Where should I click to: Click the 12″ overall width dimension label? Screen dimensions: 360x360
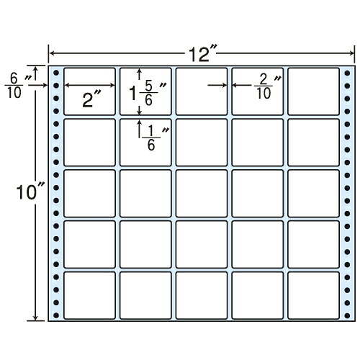pos(202,53)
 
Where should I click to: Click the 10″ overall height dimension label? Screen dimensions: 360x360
pos(30,192)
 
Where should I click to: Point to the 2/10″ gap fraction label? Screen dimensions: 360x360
pos(268,86)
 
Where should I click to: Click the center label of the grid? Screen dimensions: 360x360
pos(202,193)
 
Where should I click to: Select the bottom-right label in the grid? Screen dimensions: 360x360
pos(313,295)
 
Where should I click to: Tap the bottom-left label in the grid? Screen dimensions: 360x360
pos(89,295)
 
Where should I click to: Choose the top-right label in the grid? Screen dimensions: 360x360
pos(313,91)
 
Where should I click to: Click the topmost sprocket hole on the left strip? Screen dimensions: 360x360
pos(56,73)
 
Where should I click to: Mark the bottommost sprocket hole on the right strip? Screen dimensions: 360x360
pos(347,315)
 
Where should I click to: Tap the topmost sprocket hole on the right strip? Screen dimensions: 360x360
pos(347,73)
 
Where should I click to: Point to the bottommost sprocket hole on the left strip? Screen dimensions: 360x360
pos(56,315)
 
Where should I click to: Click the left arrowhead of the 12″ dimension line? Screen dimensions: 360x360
pos(52,53)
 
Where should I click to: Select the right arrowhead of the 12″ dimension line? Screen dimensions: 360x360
pos(352,53)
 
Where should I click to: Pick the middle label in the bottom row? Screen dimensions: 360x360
pos(202,295)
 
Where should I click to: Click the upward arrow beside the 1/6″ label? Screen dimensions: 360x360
pos(139,129)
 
